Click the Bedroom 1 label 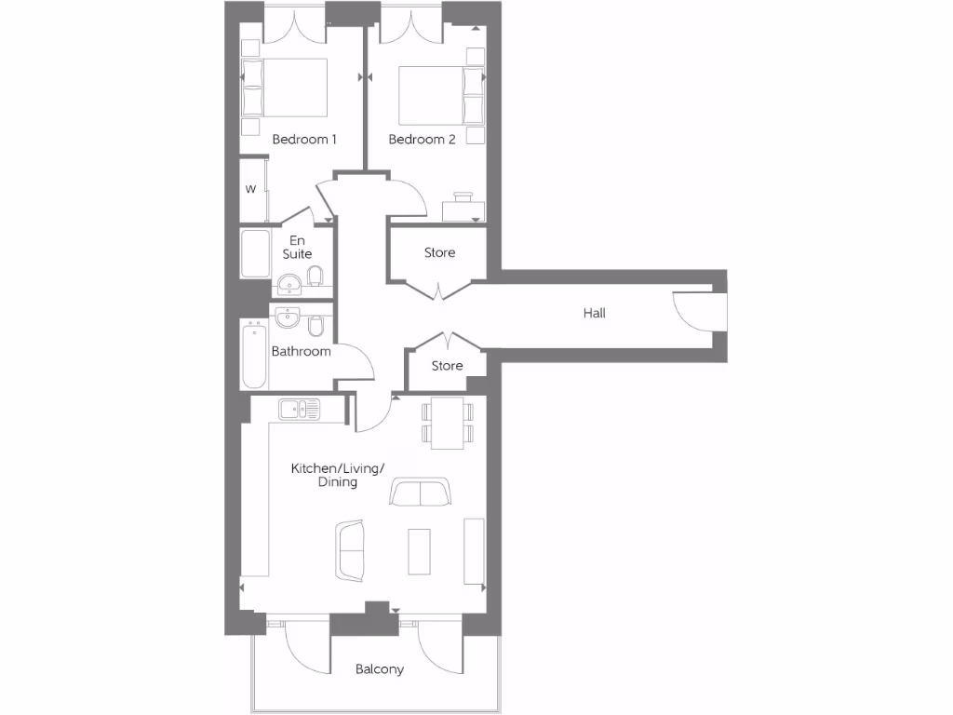303,140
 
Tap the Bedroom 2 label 422,140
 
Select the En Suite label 298,247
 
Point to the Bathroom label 301,352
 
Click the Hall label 594,314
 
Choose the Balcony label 380,669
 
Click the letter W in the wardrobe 250,189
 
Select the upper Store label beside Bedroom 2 440,253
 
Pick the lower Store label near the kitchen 447,366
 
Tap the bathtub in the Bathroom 253,356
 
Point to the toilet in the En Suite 315,276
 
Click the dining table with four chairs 448,421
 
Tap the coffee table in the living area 420,551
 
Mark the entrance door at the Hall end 696,312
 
